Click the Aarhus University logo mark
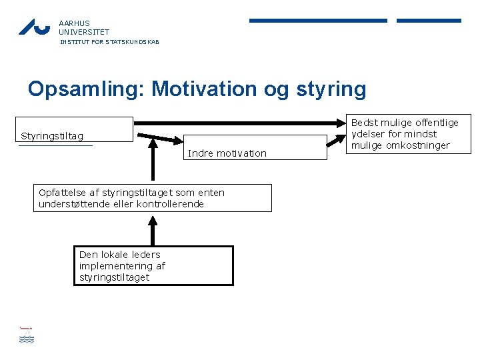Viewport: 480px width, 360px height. [34, 27]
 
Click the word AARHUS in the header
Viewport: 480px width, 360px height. [74, 22]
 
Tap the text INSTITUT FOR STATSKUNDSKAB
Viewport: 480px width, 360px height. [109, 42]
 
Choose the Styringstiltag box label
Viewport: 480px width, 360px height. [53, 137]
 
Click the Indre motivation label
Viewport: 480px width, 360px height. [227, 153]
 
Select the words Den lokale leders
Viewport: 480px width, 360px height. [120, 255]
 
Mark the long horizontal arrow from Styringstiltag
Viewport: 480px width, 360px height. [240, 123]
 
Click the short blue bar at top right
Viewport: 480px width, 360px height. [429, 21]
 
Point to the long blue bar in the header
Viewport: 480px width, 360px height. [318, 21]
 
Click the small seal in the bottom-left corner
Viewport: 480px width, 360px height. [26, 335]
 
